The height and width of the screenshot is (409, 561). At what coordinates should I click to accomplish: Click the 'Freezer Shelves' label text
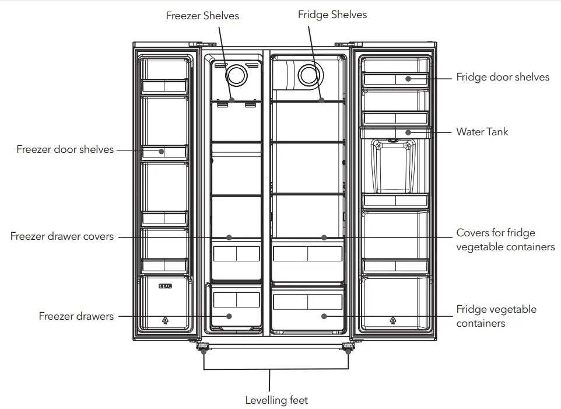tap(202, 16)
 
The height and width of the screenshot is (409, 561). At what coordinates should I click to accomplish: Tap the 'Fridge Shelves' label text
tap(332, 15)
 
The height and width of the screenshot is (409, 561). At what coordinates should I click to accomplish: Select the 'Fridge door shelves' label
tap(503, 77)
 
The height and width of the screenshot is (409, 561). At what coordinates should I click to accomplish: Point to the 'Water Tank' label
tap(482, 132)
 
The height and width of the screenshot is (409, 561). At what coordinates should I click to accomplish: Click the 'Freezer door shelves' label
tap(65, 149)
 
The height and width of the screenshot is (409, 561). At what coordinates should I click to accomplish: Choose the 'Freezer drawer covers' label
tap(62, 237)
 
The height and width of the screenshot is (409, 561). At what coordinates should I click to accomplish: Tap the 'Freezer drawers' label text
tap(76, 316)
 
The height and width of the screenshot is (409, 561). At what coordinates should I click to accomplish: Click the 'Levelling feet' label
tap(276, 400)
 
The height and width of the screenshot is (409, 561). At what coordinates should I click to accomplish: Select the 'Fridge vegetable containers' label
tap(496, 316)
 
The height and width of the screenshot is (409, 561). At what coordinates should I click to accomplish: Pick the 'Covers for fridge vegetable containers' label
tap(505, 240)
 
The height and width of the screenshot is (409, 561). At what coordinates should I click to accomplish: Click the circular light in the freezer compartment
tap(237, 75)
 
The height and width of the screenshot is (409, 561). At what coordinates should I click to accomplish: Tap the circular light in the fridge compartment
tap(308, 75)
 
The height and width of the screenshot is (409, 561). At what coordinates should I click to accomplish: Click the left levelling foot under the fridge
tap(204, 349)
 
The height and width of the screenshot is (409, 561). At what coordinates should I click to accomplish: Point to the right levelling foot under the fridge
tap(348, 349)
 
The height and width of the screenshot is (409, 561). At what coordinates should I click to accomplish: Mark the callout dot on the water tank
tap(408, 132)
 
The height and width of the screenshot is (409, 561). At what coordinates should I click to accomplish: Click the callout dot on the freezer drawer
tap(229, 316)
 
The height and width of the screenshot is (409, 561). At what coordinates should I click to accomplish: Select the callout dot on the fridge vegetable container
tap(324, 316)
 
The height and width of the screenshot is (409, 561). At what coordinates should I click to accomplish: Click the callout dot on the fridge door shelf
tap(408, 78)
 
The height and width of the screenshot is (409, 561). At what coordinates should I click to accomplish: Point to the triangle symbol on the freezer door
tap(165, 320)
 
